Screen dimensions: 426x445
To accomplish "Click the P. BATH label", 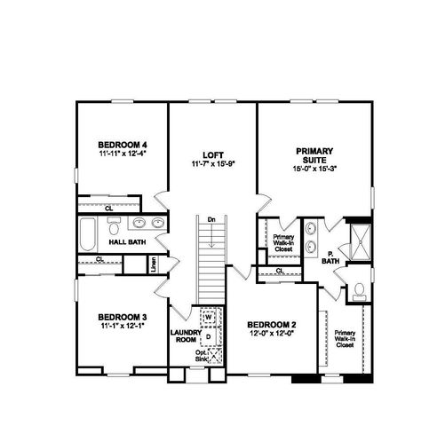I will coord(330,256).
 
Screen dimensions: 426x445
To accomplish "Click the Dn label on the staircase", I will coord(211,219).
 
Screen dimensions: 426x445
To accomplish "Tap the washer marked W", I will coord(209,316).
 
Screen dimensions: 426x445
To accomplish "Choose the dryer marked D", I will coord(209,336).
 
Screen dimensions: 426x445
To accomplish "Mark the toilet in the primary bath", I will coord(355,289).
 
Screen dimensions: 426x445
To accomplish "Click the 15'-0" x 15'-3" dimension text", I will coord(313,170).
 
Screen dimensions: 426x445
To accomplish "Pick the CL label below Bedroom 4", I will coord(108,209).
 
